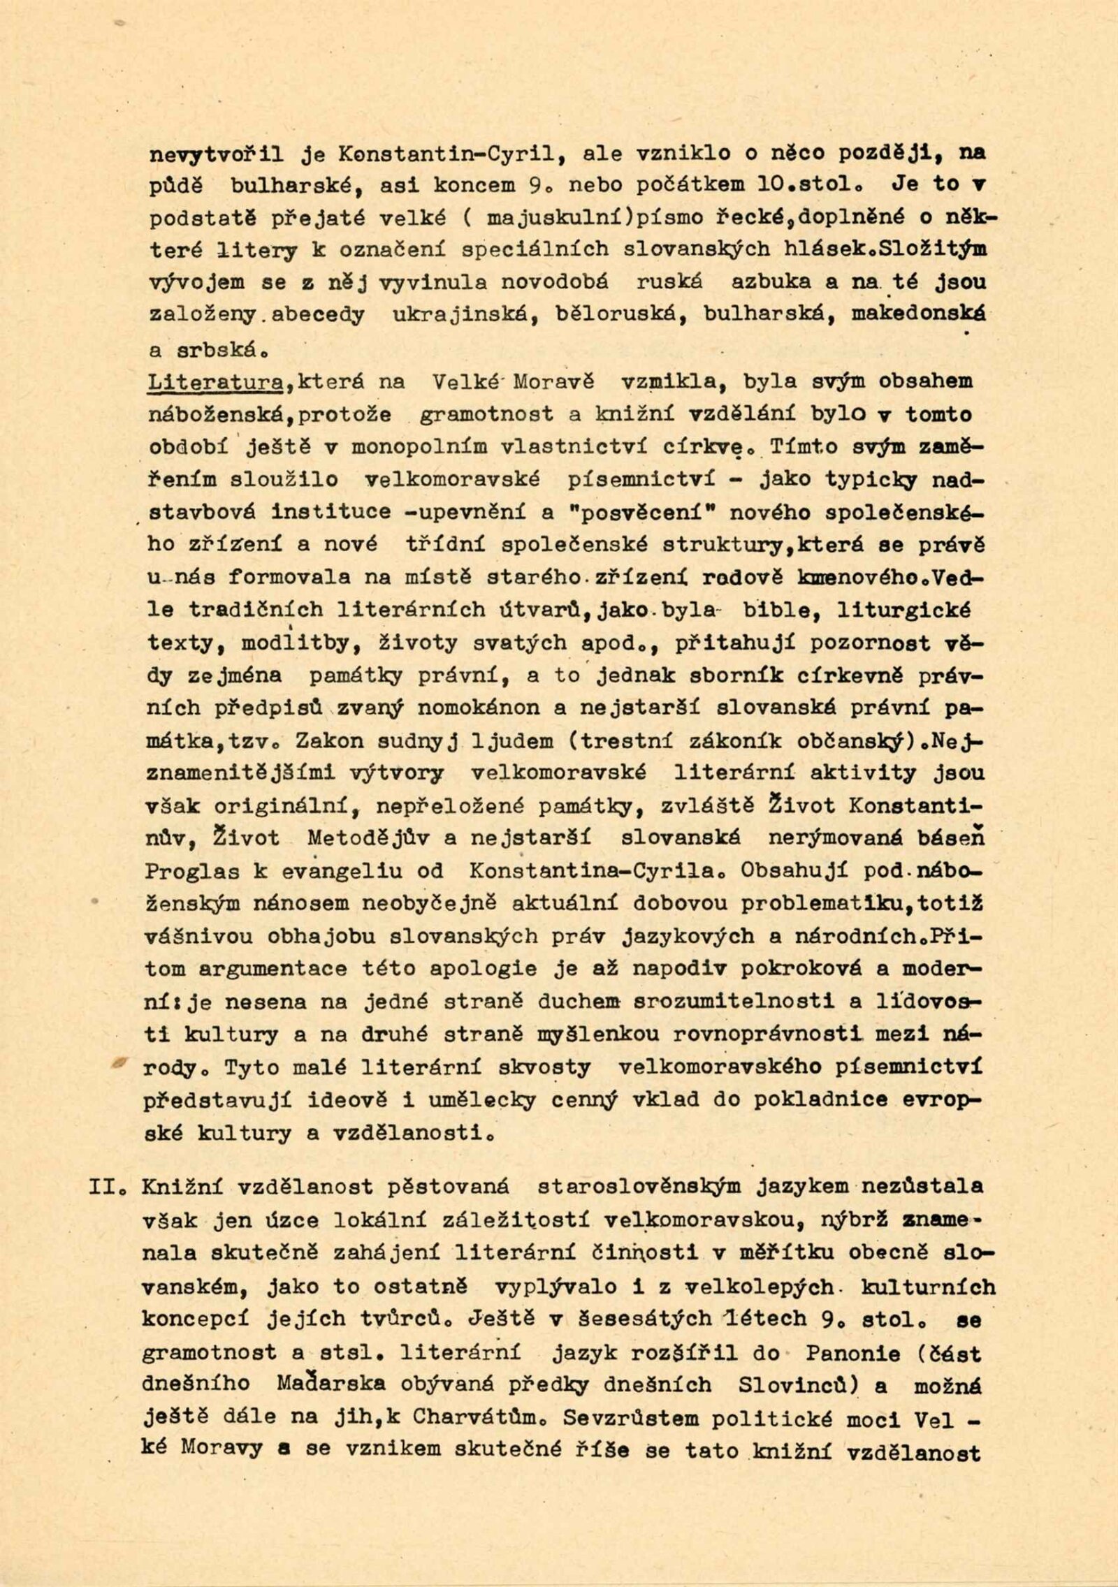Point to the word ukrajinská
pyautogui.click(x=457, y=316)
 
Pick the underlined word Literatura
pyautogui.click(x=215, y=382)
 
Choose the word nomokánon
pyautogui.click(x=479, y=708)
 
